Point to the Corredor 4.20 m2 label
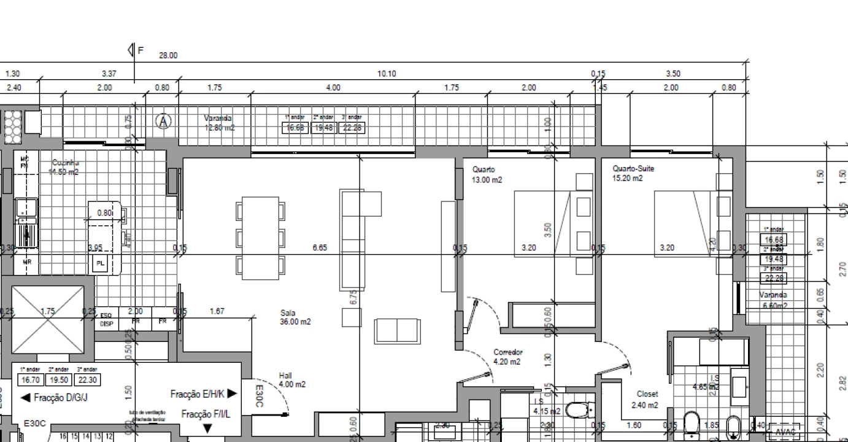[x=508, y=357]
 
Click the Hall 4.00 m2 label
[x=291, y=380]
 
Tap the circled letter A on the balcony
[x=163, y=122]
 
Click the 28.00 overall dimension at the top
[x=168, y=55]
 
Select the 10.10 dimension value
[x=387, y=74]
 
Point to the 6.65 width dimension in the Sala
[x=320, y=248]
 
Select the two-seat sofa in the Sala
[x=398, y=331]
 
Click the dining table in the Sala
[x=260, y=238]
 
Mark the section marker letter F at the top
[x=141, y=50]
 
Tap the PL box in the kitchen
[x=100, y=265]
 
